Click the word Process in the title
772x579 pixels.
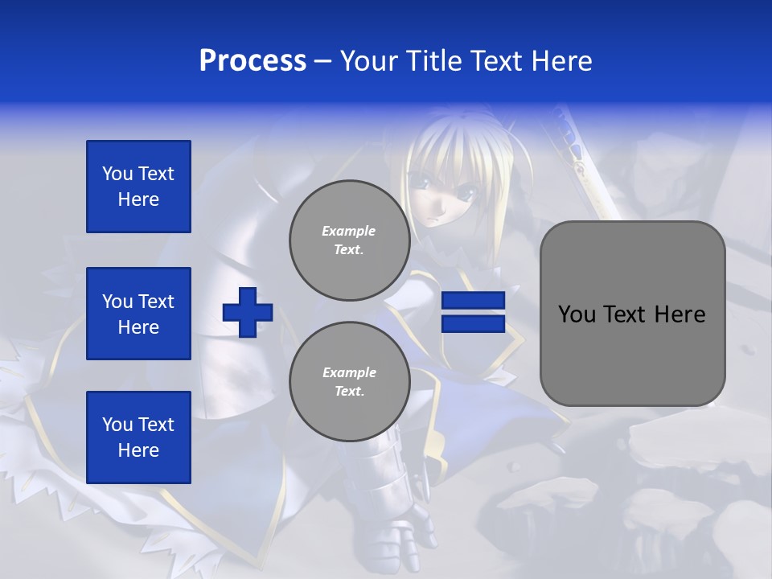[x=253, y=61]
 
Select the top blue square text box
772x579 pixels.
[x=138, y=187]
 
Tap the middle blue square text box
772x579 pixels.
[x=138, y=314]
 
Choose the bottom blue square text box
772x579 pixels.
[x=138, y=437]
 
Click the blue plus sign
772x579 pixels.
[x=248, y=313]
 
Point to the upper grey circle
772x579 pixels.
[x=349, y=240]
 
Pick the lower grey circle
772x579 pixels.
[x=349, y=382]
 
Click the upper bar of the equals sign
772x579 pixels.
[x=473, y=301]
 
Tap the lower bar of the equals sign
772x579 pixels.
[x=473, y=324]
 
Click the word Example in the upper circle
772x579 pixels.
[x=349, y=231]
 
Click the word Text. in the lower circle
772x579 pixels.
[x=349, y=392]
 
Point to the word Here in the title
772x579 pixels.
[x=561, y=61]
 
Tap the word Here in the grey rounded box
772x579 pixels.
[x=680, y=314]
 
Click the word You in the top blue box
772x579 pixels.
[x=117, y=174]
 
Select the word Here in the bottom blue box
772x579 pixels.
[x=138, y=450]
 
